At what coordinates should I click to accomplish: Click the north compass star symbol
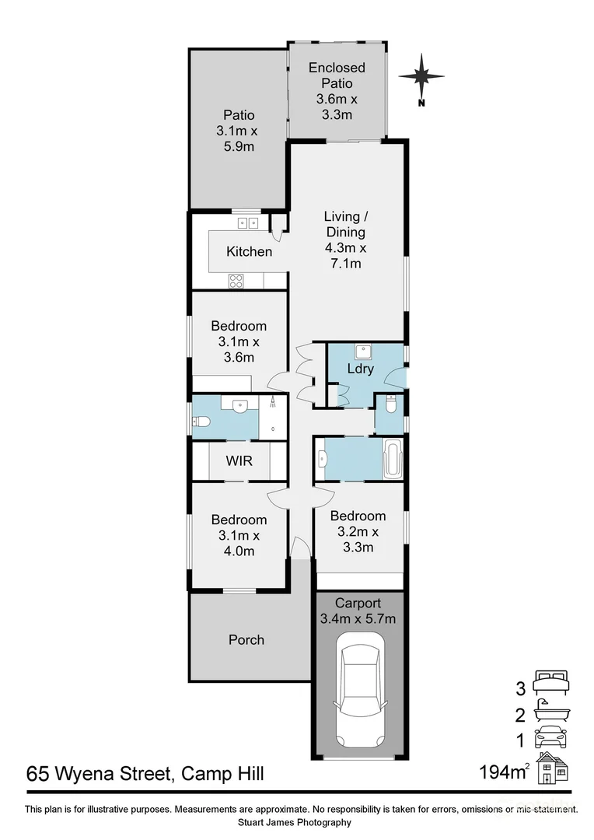click(421, 76)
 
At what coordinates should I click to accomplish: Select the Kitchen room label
click(249, 251)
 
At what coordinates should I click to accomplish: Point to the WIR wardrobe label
click(239, 460)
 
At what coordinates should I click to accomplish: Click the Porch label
click(246, 639)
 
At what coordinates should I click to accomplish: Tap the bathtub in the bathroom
click(393, 460)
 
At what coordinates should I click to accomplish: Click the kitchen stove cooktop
click(236, 282)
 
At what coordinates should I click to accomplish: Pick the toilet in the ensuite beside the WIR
click(201, 422)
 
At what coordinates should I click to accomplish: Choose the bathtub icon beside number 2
click(551, 711)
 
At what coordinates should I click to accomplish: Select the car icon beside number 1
click(551, 736)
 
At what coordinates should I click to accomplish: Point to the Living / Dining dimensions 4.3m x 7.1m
click(344, 256)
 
